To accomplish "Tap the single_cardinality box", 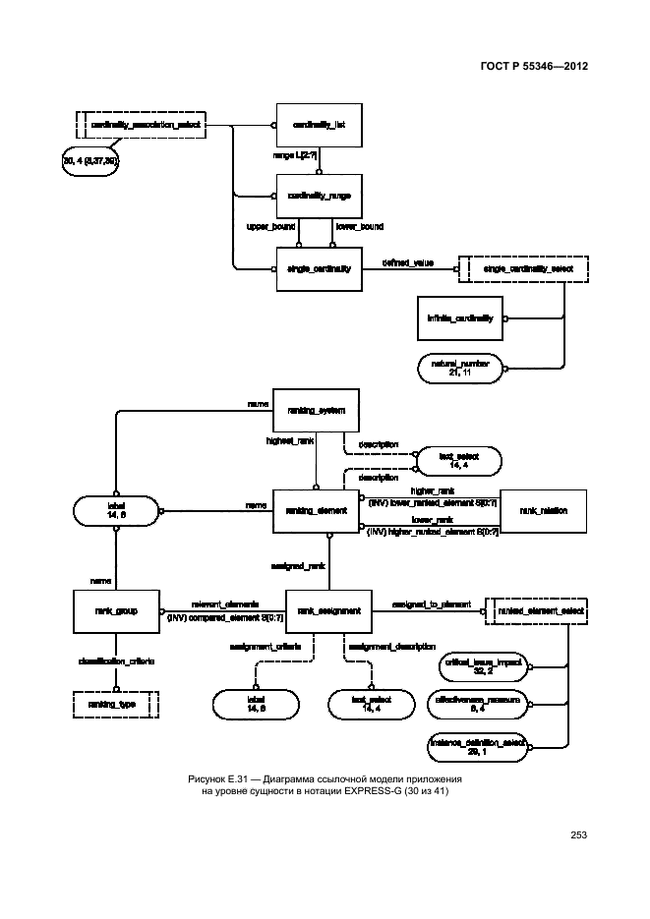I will (x=320, y=267).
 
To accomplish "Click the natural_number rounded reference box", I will (x=459, y=369).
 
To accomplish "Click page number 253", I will (x=578, y=835).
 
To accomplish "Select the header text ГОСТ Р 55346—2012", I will (x=536, y=66).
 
